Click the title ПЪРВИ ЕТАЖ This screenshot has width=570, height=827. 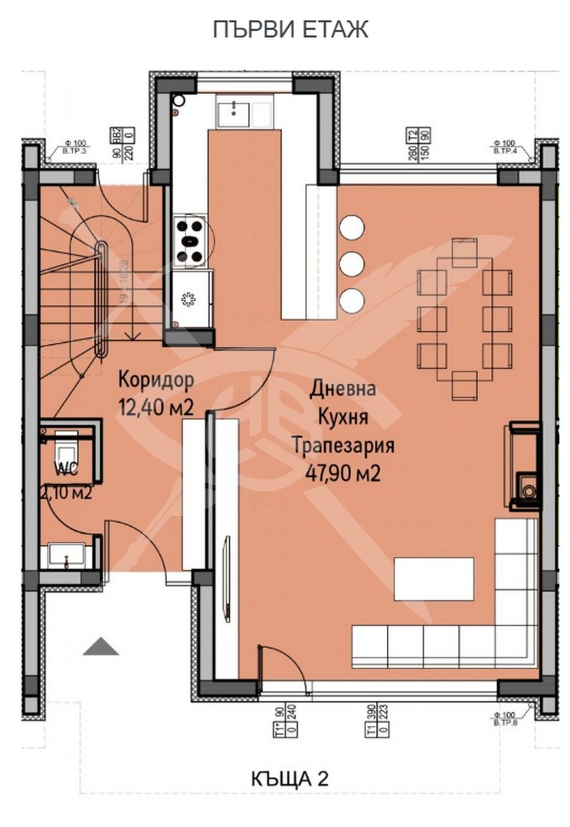pyautogui.click(x=290, y=29)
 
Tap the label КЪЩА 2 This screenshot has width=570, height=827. pyautogui.click(x=290, y=779)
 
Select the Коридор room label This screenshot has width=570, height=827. pyautogui.click(x=156, y=381)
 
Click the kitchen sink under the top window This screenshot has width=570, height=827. pyautogui.click(x=232, y=113)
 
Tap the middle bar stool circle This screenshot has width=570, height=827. pyautogui.click(x=352, y=263)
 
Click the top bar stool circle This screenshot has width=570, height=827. pyautogui.click(x=352, y=227)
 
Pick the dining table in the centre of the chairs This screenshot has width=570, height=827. pyautogui.click(x=464, y=320)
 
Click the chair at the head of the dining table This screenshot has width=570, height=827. pyautogui.click(x=464, y=252)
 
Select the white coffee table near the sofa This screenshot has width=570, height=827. pyautogui.click(x=434, y=580)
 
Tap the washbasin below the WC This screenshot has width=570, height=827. pyautogui.click(x=67, y=554)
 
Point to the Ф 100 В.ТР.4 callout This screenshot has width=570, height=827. pyautogui.click(x=506, y=148)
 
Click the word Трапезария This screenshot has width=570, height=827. pyautogui.click(x=342, y=446)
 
